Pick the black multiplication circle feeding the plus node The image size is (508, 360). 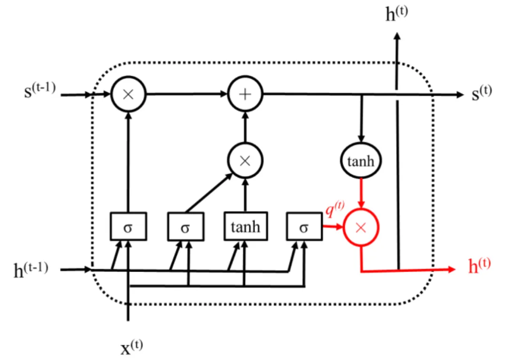coord(245,161)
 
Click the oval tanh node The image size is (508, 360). coord(361,161)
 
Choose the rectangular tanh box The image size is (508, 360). coord(245,227)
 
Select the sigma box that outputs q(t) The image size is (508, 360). coord(304,227)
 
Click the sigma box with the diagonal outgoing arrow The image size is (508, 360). coord(185,227)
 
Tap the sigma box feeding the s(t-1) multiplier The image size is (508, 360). coord(128,227)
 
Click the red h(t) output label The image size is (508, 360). coord(479,266)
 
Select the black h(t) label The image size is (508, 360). coord(397,15)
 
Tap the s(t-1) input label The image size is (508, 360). coord(40,91)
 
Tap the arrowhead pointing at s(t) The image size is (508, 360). coord(460,95)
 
